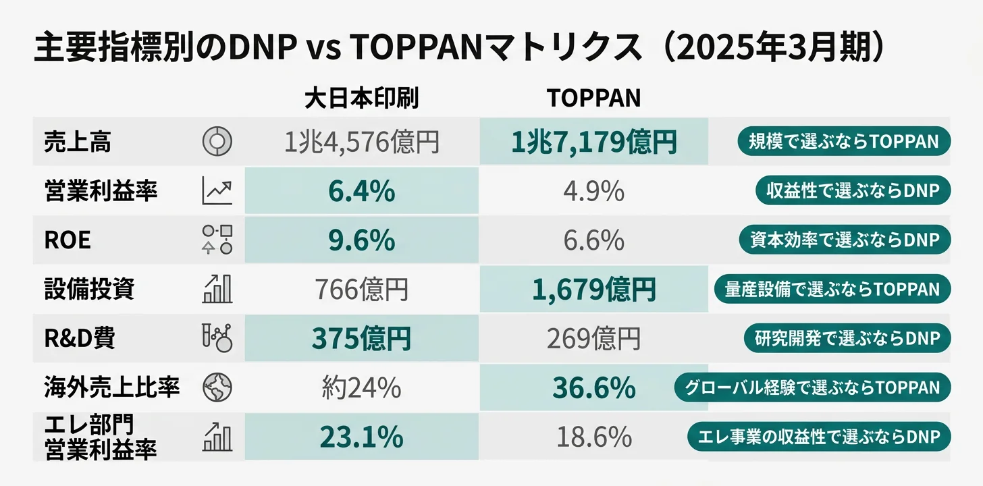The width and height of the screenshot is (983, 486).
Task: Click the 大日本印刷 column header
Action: tap(361, 99)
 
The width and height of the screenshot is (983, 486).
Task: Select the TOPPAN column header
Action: tap(593, 99)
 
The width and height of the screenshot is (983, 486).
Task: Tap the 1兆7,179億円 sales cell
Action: tap(593, 142)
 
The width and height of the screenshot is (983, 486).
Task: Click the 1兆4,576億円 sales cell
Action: tap(361, 142)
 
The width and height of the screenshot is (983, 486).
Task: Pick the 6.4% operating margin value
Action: tap(361, 192)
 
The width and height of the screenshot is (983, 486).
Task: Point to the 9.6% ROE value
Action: tap(361, 240)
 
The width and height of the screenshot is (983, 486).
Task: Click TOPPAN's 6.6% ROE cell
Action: tap(593, 240)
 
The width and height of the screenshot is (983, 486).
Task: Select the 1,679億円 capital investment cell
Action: tap(593, 290)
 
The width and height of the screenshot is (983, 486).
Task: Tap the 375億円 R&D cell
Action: tap(361, 339)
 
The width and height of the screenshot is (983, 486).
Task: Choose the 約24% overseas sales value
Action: tap(361, 388)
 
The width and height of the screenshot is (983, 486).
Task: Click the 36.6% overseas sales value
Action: tap(593, 388)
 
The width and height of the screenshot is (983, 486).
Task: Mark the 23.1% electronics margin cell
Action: tap(361, 438)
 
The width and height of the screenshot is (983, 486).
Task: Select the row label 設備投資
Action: tap(89, 290)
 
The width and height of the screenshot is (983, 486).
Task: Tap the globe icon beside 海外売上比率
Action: tap(217, 387)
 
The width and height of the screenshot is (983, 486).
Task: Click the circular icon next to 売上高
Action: tap(217, 141)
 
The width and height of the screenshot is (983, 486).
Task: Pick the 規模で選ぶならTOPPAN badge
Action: tap(843, 141)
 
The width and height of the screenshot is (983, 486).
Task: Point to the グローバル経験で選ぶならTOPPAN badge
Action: tap(812, 387)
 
